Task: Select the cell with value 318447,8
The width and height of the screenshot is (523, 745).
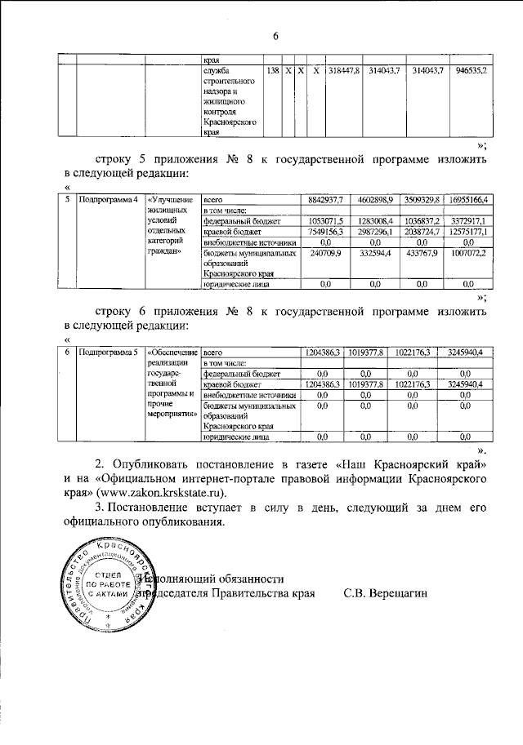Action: [x=344, y=73]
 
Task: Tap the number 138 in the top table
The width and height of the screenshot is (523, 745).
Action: [x=272, y=73]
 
